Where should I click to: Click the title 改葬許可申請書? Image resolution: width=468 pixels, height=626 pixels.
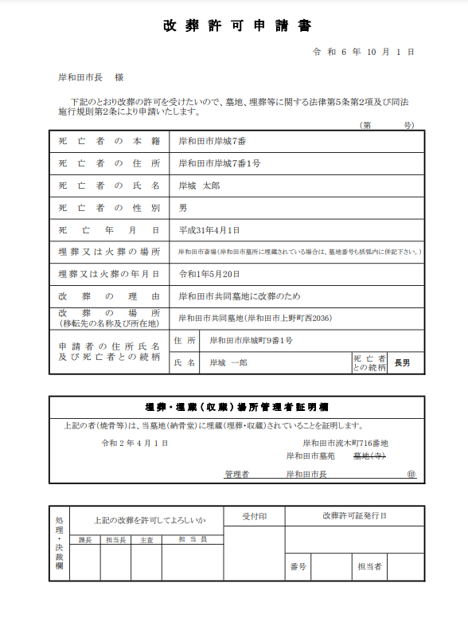coord(237,25)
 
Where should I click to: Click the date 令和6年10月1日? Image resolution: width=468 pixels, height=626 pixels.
coord(364,52)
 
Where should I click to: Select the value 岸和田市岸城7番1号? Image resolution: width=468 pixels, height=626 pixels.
coord(220,163)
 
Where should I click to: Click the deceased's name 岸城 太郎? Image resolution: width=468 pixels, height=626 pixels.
coord(199,186)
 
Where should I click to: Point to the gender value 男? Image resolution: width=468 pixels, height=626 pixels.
coord(183,208)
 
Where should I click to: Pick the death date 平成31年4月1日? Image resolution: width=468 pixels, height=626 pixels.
coord(209,230)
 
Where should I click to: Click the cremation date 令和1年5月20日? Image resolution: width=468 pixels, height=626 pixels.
coord(209,274)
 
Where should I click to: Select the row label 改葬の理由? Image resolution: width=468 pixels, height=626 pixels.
coord(110,296)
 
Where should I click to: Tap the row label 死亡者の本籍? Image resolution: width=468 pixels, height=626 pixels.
coord(110,141)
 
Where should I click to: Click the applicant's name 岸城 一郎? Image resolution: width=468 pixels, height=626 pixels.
coord(229,362)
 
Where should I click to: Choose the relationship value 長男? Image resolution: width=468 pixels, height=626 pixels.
coord(403,362)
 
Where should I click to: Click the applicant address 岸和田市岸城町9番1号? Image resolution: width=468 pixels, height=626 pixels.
coord(252,341)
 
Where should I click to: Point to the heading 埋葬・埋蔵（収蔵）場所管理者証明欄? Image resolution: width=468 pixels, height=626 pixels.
coord(237,405)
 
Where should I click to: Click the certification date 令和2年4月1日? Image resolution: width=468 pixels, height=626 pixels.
coord(135,443)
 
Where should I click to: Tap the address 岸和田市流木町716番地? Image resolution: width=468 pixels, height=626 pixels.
coord(345,443)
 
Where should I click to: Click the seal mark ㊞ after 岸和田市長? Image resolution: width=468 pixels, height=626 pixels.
coord(411,474)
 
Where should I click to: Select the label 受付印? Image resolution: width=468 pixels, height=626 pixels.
coord(255,516)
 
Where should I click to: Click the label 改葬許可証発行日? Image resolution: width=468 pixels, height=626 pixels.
coord(354,516)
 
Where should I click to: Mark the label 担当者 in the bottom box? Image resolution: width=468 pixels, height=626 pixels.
coord(369,567)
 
